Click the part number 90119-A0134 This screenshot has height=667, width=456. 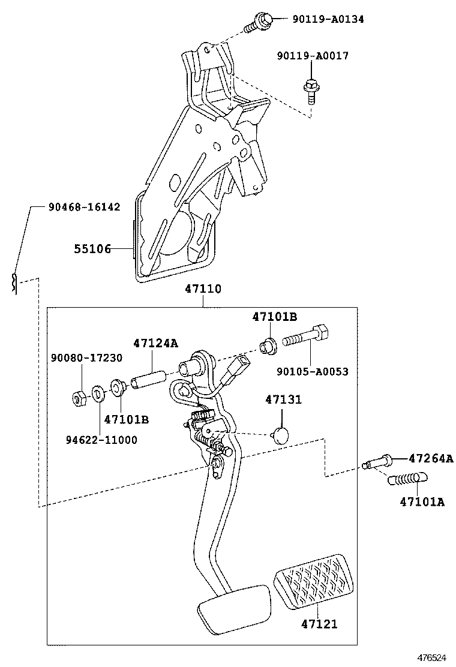(x=328, y=19)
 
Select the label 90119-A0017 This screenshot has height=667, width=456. (x=312, y=56)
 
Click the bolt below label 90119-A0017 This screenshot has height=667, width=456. (x=310, y=91)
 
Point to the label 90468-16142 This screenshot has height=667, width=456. (x=84, y=207)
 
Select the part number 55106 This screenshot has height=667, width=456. (x=92, y=248)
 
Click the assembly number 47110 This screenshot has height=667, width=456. (x=203, y=289)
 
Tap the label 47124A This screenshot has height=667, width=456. (x=155, y=344)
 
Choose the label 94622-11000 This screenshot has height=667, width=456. (x=101, y=440)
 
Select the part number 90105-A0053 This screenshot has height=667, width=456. (x=312, y=372)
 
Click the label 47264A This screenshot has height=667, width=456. (x=430, y=459)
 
